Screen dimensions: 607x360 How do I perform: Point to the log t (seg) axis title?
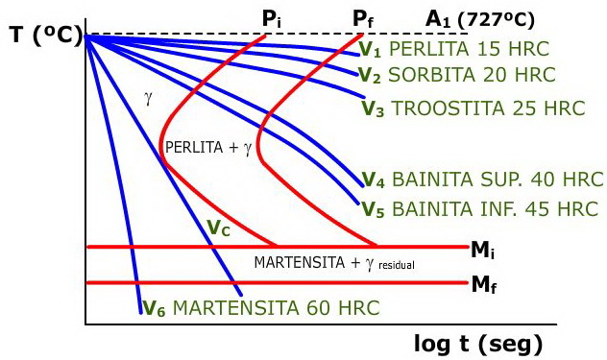coord(478,343)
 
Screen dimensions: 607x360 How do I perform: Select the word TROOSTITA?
coord(446,108)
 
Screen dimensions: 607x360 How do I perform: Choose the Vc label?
coord(219,228)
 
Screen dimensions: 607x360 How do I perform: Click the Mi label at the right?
coord(484,250)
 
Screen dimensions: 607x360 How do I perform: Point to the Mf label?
coord(484,284)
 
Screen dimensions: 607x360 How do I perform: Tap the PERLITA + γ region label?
coord(208,148)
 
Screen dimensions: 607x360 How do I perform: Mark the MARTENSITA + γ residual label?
coord(333,263)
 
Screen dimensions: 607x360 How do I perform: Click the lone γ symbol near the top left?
coord(148,97)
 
